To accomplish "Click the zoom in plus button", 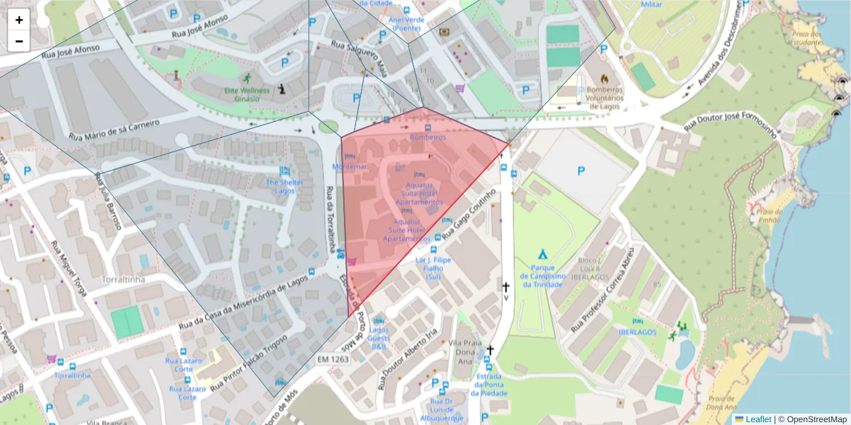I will point(19,20).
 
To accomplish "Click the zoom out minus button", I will point(19,41).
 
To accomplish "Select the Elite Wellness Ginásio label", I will point(247,94).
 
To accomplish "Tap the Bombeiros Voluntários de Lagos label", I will point(601,98).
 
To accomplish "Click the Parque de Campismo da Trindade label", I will point(543,276).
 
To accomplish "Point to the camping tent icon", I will point(543,253).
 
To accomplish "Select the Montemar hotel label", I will point(350,166).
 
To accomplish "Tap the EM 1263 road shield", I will point(333,360).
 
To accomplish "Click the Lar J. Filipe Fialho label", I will point(433,268).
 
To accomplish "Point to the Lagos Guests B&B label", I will point(379,337).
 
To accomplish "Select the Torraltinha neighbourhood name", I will point(123,280).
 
